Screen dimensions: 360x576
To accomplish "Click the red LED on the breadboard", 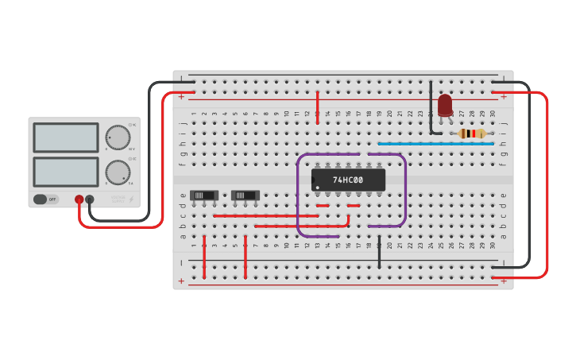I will [445, 104].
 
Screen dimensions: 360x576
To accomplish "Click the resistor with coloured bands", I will [472, 134].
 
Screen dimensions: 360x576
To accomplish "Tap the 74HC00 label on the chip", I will [348, 180].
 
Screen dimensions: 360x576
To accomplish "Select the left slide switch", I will [204, 195].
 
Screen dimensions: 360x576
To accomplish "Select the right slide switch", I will [245, 195].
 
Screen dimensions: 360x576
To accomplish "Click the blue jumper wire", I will [435, 144].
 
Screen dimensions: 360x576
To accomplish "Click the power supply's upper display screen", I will [66, 137].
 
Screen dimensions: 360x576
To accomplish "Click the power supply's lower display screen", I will [66, 172].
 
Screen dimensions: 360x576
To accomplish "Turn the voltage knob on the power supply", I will [118, 137].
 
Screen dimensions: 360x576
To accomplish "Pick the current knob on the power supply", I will [118, 172].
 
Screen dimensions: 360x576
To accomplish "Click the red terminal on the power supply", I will [79, 199].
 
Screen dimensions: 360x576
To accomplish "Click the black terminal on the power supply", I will [90, 199].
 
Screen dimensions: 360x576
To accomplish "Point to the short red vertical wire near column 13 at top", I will [318, 107].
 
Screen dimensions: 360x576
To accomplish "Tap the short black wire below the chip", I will [380, 251].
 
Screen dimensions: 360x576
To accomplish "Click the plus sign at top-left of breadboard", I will [181, 97].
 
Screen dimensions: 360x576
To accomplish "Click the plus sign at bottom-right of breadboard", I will [503, 281].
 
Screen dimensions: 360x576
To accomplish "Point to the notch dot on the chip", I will [318, 188].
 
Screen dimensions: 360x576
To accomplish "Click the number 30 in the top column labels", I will [493, 114].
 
